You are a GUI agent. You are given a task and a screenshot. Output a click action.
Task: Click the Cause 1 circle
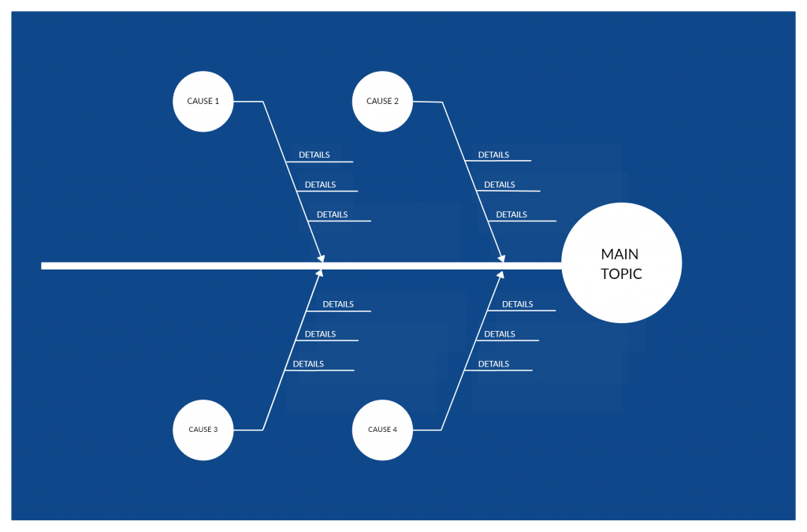(203, 102)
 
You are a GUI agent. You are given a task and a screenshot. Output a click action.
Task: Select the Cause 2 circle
(382, 102)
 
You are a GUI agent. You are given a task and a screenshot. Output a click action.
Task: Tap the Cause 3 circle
(203, 430)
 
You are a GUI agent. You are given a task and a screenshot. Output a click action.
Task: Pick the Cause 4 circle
(382, 430)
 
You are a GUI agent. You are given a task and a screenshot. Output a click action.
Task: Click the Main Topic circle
(621, 263)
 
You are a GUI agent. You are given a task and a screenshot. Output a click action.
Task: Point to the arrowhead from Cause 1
(321, 256)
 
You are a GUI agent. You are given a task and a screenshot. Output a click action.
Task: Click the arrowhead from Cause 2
(500, 256)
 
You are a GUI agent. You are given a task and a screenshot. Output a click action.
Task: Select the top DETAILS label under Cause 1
(314, 155)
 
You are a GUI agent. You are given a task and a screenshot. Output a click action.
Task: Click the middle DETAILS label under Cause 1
(320, 185)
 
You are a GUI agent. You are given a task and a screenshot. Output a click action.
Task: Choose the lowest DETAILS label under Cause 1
(332, 215)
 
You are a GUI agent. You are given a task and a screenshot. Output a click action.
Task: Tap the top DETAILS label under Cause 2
(493, 155)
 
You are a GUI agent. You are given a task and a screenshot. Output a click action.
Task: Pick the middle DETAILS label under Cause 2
(500, 185)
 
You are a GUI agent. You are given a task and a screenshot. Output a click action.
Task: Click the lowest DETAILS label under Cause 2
(511, 215)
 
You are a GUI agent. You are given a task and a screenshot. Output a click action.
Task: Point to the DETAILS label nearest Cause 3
(308, 364)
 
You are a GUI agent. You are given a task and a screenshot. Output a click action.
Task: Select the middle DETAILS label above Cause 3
(320, 334)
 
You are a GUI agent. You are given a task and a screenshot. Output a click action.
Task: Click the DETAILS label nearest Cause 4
(493, 364)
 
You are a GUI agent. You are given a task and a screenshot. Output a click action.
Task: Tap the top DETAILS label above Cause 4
(517, 304)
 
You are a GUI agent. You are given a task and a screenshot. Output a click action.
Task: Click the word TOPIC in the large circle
(621, 274)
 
